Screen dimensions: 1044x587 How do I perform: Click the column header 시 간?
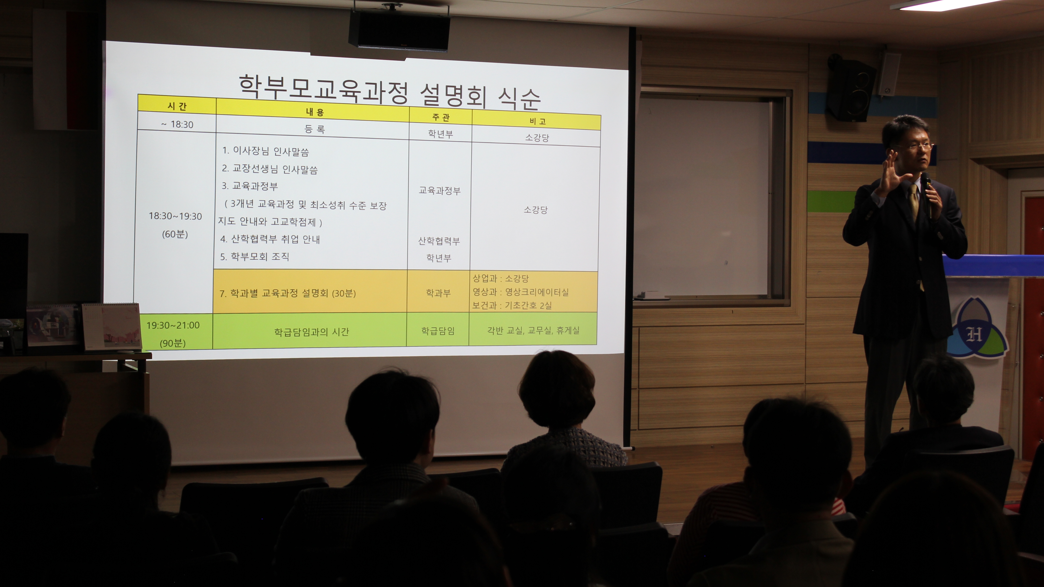177,106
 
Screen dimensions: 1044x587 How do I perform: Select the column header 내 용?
315,112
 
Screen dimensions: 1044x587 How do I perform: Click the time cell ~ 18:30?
177,124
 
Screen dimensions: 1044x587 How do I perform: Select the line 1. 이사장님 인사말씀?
265,151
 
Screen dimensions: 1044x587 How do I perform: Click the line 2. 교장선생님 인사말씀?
269,169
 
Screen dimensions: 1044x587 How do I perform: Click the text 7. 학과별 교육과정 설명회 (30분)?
287,293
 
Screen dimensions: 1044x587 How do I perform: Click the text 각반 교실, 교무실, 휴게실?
533,330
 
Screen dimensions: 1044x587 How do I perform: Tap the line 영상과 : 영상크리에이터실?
520,292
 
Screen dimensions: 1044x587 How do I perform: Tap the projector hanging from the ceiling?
399,30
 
